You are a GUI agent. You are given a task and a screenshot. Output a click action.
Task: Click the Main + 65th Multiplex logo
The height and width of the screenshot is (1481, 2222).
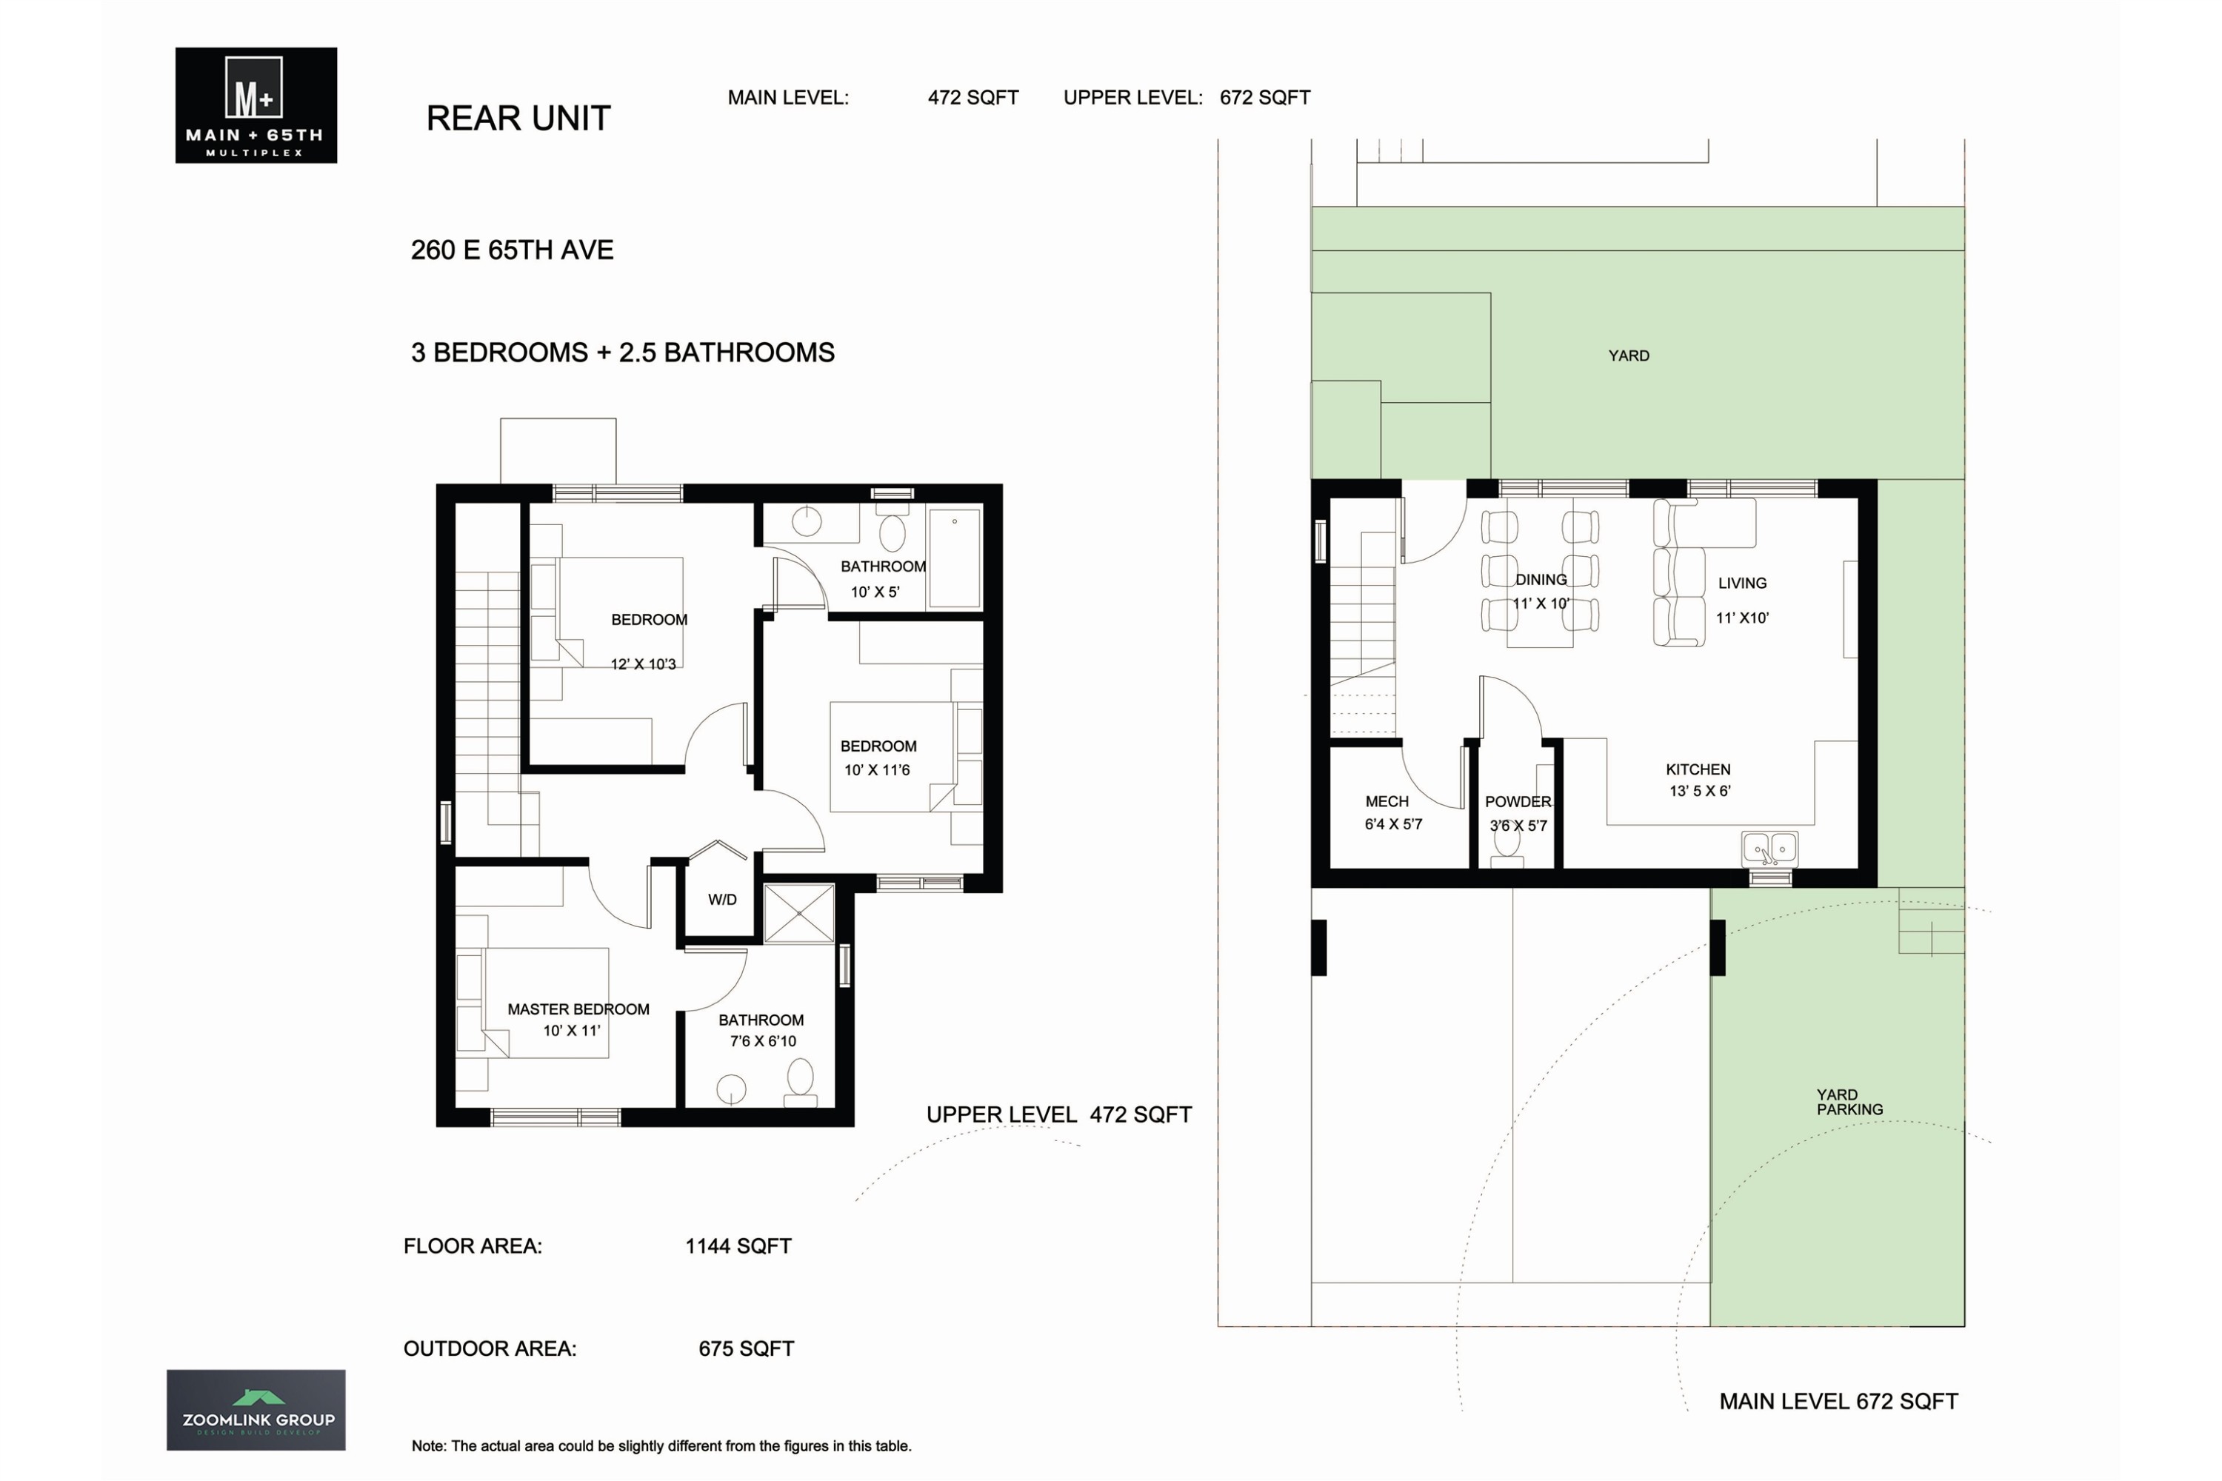(256, 105)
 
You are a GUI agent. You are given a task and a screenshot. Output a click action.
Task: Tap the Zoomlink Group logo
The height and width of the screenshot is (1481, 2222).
(256, 1410)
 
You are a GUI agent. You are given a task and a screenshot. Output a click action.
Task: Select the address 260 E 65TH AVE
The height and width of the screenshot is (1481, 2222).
(512, 250)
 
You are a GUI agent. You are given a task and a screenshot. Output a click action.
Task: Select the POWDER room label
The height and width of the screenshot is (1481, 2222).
(1517, 802)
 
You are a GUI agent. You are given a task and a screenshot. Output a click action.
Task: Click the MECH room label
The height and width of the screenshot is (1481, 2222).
(1386, 802)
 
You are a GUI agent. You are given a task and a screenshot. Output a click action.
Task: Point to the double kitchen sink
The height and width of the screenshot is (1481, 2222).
(1769, 849)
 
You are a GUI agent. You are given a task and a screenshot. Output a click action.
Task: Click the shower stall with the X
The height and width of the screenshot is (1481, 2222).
(799, 913)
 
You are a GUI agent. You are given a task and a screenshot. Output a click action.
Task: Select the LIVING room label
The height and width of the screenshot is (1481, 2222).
(1742, 584)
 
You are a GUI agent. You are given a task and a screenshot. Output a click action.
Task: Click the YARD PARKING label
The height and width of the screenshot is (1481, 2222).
(1849, 1103)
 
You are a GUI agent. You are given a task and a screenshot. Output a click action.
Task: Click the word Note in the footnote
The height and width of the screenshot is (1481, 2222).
(428, 1446)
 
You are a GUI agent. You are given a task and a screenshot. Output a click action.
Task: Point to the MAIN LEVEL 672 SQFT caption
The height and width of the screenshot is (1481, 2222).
(1838, 1402)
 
